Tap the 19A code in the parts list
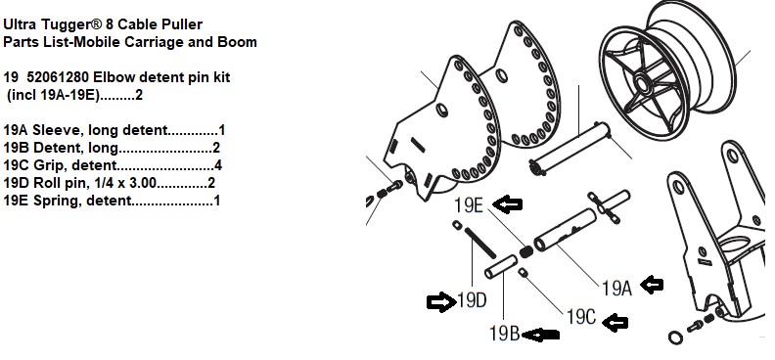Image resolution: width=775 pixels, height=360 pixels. coord(16,131)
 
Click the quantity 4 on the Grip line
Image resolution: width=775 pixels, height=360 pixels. coord(218,166)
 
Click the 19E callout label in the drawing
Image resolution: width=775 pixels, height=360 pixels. coord(468,204)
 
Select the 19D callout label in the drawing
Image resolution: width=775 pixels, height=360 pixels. coord(472,299)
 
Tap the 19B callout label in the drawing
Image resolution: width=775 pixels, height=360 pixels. coord(504,334)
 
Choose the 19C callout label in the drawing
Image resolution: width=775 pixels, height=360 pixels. coord(581,317)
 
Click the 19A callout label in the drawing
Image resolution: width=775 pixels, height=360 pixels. coord(616,288)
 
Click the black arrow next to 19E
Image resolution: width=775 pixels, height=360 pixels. coord(508,203)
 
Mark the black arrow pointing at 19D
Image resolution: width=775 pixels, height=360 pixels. coord(441,301)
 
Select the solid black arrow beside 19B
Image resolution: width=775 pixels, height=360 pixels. coord(541,335)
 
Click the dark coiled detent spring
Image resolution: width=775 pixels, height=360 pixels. coord(525,251)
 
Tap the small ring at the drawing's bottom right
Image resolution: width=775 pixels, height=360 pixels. coord(675,337)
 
